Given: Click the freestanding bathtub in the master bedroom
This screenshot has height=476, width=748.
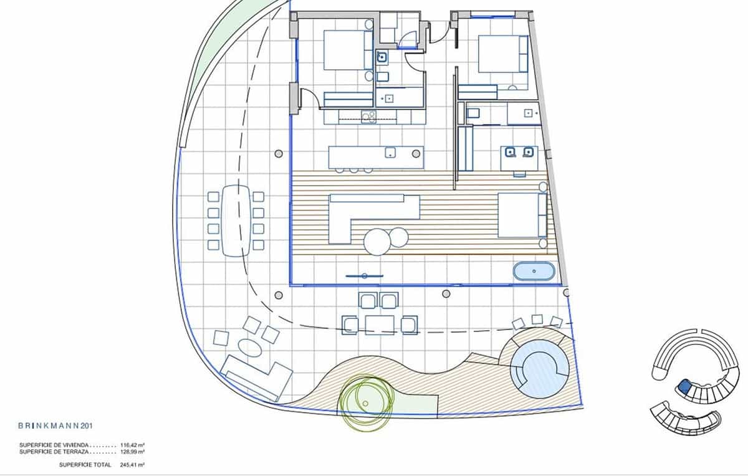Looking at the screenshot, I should [534, 272].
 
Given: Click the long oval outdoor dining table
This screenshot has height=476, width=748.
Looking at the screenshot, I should [235, 221].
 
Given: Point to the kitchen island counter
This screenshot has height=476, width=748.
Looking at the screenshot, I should [376, 157].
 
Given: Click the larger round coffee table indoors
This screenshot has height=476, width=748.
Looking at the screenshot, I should [377, 242].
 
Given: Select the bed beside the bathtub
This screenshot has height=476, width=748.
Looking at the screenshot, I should [522, 215].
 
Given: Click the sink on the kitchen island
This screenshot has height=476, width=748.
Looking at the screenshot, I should [391, 153].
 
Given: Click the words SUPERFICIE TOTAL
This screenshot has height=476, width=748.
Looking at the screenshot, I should [85, 465].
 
